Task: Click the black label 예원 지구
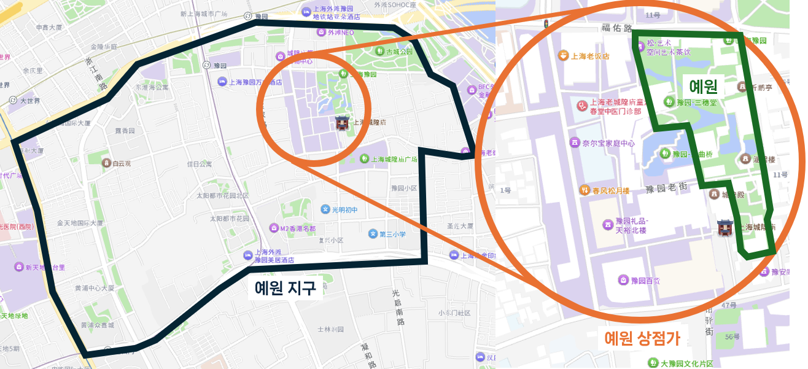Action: pos(285,287)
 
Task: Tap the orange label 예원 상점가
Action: pos(642,338)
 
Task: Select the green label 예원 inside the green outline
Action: pos(704,85)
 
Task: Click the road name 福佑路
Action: pos(616,28)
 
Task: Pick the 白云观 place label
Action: pos(122,164)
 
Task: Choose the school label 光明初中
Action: pos(344,210)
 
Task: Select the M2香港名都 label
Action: pos(297,228)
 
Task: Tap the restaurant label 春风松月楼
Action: pos(610,191)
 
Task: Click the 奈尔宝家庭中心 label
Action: pos(608,143)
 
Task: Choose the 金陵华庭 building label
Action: pos(103,46)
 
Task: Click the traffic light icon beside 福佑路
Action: pos(545,24)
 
